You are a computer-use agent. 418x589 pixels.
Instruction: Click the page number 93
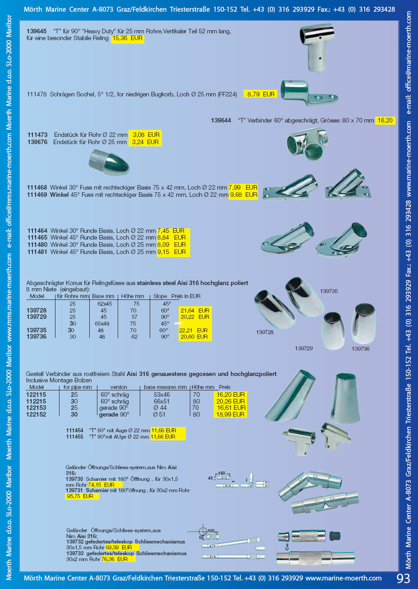tap(404, 578)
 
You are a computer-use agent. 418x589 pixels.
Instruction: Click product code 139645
tap(37, 32)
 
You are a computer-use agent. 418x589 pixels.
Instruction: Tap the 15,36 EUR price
tap(127, 39)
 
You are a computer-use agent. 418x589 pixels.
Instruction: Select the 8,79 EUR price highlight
tap(261, 95)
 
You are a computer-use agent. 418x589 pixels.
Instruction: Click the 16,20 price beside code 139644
tap(385, 121)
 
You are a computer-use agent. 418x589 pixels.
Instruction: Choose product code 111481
tap(37, 252)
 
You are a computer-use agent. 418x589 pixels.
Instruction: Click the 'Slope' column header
tap(160, 296)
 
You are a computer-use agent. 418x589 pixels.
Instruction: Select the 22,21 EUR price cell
tap(193, 331)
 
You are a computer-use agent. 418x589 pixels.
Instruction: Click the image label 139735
tap(329, 291)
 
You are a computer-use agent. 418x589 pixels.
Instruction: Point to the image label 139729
tap(303, 349)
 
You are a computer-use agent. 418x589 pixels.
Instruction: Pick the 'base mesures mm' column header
tap(165, 387)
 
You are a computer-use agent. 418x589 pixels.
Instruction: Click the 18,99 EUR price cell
tap(230, 415)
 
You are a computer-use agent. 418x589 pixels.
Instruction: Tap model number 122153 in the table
tap(36, 408)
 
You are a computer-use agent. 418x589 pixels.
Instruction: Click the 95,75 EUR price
tap(80, 496)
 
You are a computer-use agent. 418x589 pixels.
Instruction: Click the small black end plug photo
tap(335, 536)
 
